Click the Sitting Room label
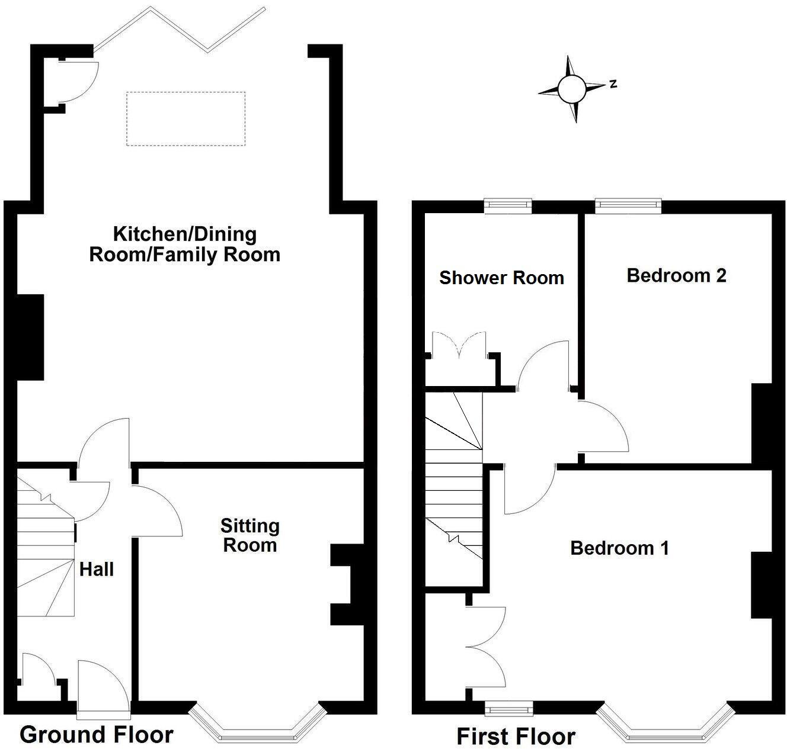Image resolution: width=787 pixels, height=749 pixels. pos(249,535)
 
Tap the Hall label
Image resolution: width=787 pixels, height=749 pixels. pos(97,570)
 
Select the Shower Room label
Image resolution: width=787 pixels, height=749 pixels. pos(501,278)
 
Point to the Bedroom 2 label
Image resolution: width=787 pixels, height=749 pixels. pos(676,275)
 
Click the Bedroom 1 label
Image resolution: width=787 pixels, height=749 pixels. pos(619,548)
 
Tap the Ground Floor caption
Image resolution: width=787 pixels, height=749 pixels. pos(97,735)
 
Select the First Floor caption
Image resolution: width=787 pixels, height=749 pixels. pos(516,737)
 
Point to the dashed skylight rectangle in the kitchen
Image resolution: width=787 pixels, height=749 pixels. pos(185,118)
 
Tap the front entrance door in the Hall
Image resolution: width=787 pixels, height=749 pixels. pos(104,687)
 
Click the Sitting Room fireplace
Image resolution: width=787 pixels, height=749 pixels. pos(347,585)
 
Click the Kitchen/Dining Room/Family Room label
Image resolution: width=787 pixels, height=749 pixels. pos(184,244)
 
